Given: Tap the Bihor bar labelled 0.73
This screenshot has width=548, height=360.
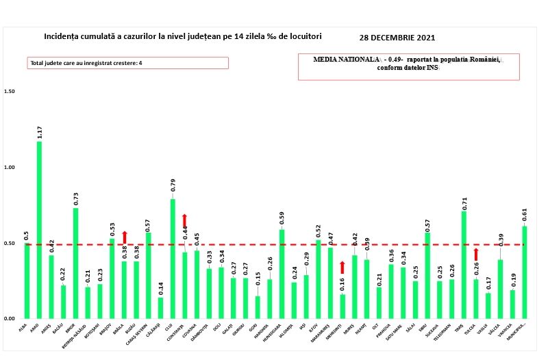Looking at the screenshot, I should coord(75,263).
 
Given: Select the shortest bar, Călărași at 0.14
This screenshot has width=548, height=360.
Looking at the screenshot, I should coord(160,308).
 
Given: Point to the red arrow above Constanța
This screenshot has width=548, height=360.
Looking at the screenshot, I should coord(184,220).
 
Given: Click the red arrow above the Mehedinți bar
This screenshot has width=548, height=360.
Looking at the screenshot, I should coord(342,267).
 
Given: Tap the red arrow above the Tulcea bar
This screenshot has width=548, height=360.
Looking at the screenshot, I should coord(476,254).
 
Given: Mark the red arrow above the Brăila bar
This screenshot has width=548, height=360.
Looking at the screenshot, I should coord(124,237).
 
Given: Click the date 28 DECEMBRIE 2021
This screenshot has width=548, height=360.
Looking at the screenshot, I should coord(397,38).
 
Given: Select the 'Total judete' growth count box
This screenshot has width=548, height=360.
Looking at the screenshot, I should coord(127,63).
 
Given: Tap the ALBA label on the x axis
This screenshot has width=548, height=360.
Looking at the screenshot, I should coord(24,327).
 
